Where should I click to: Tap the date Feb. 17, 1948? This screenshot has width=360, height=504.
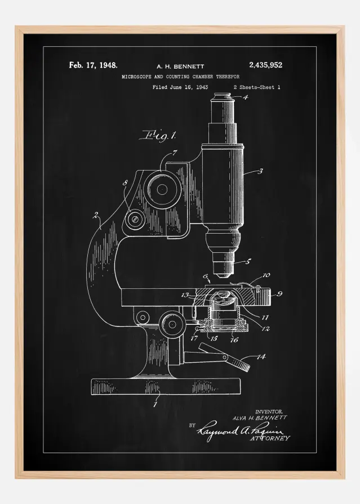93,65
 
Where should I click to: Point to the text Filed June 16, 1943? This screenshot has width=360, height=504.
180,87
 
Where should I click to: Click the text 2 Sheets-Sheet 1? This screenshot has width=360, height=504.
256,87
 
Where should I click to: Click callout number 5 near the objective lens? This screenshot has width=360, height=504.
247,262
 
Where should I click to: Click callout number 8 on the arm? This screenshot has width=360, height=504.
125,182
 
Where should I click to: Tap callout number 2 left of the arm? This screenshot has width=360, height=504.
96,214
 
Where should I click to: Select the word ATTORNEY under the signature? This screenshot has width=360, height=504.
270,437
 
